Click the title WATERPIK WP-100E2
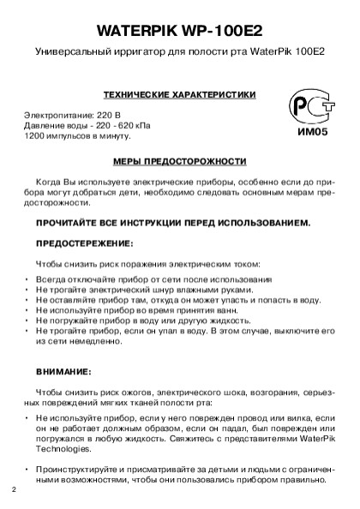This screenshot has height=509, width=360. [179, 29]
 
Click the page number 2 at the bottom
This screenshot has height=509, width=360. [15, 489]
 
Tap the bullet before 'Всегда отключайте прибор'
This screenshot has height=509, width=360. [27, 280]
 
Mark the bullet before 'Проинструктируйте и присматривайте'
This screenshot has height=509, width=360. [27, 470]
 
